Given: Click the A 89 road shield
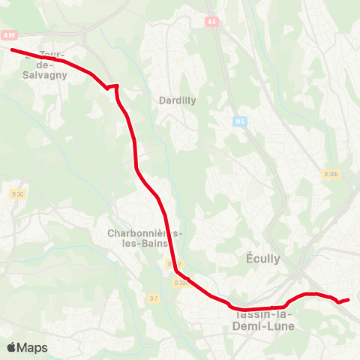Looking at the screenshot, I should (9, 34).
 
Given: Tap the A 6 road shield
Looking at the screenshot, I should (212, 22).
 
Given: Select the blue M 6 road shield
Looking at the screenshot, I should (240, 121).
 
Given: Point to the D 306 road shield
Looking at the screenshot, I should (331, 174).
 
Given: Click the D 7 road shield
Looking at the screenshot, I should (153, 298).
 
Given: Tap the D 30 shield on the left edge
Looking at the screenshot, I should (17, 193).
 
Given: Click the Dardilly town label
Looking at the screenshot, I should (178, 100).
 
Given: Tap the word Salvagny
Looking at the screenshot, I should (46, 74).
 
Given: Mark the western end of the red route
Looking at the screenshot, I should (12, 49).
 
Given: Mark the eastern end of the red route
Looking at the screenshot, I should (349, 299).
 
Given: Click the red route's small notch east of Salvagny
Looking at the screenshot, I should (113, 87).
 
